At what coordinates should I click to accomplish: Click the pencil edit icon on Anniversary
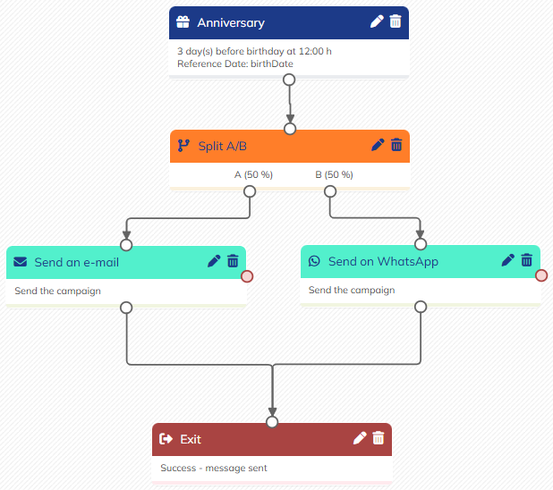point(377,21)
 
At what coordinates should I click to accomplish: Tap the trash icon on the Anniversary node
point(396,21)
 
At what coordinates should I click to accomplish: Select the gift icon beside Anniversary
point(183,21)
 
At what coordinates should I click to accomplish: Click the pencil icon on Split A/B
point(378,145)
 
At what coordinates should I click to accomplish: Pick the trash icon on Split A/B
point(396,145)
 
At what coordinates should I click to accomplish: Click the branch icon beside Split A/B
point(183,145)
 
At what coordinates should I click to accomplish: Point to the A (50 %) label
point(253,174)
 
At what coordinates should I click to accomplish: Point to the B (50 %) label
point(334,174)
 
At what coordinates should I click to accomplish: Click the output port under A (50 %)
point(250,191)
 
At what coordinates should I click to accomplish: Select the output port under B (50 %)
point(330,191)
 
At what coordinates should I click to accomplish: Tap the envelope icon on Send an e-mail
point(20,262)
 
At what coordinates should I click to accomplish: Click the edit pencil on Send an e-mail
point(214,261)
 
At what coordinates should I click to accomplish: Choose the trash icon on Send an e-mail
point(233,261)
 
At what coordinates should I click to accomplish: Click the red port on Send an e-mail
point(247,275)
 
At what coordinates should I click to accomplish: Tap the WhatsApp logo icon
point(314,261)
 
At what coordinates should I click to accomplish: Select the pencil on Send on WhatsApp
point(507,260)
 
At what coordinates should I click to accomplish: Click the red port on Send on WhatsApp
point(541,275)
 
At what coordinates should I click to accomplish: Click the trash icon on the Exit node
point(379,438)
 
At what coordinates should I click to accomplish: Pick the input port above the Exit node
point(272,422)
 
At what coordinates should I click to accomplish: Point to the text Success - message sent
point(214,468)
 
